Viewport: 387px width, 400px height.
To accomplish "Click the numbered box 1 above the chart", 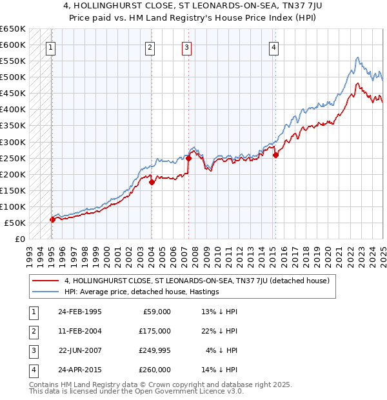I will tap(50, 46).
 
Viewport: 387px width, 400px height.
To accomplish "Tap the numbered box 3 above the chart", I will tap(186, 46).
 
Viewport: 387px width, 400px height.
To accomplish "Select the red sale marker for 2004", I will tap(152, 182).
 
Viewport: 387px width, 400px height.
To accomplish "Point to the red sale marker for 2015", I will tap(275, 155).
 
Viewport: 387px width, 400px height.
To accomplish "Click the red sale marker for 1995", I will tap(52, 219).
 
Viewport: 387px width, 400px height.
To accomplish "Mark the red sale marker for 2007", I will tap(189, 158).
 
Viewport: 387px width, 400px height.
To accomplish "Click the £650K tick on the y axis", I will tap(13, 29).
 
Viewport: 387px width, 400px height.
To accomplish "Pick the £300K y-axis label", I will tap(13, 142).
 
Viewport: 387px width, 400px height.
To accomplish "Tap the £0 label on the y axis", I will tap(20, 239).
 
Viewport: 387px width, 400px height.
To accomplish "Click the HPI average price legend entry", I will tap(142, 292).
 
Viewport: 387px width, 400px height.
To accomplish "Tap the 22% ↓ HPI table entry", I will tap(219, 331).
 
